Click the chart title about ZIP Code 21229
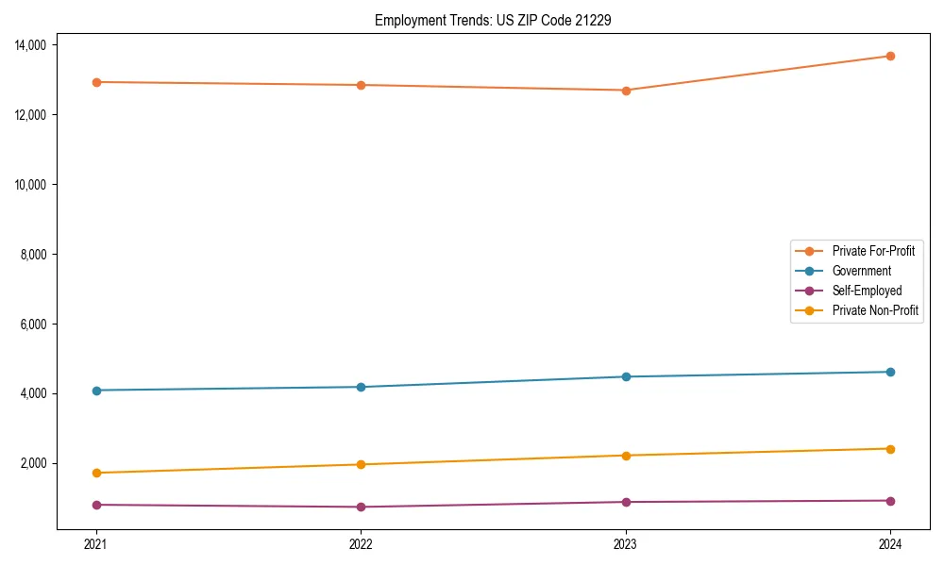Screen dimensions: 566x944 492,20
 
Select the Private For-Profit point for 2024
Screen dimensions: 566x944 890,56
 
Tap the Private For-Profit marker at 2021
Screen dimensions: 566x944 96,82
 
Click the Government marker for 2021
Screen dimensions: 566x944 96,391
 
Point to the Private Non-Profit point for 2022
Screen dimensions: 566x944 361,464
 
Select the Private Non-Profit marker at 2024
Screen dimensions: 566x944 890,449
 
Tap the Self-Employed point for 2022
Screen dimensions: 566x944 361,507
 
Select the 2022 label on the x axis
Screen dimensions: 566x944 361,543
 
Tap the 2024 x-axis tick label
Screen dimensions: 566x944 890,543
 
